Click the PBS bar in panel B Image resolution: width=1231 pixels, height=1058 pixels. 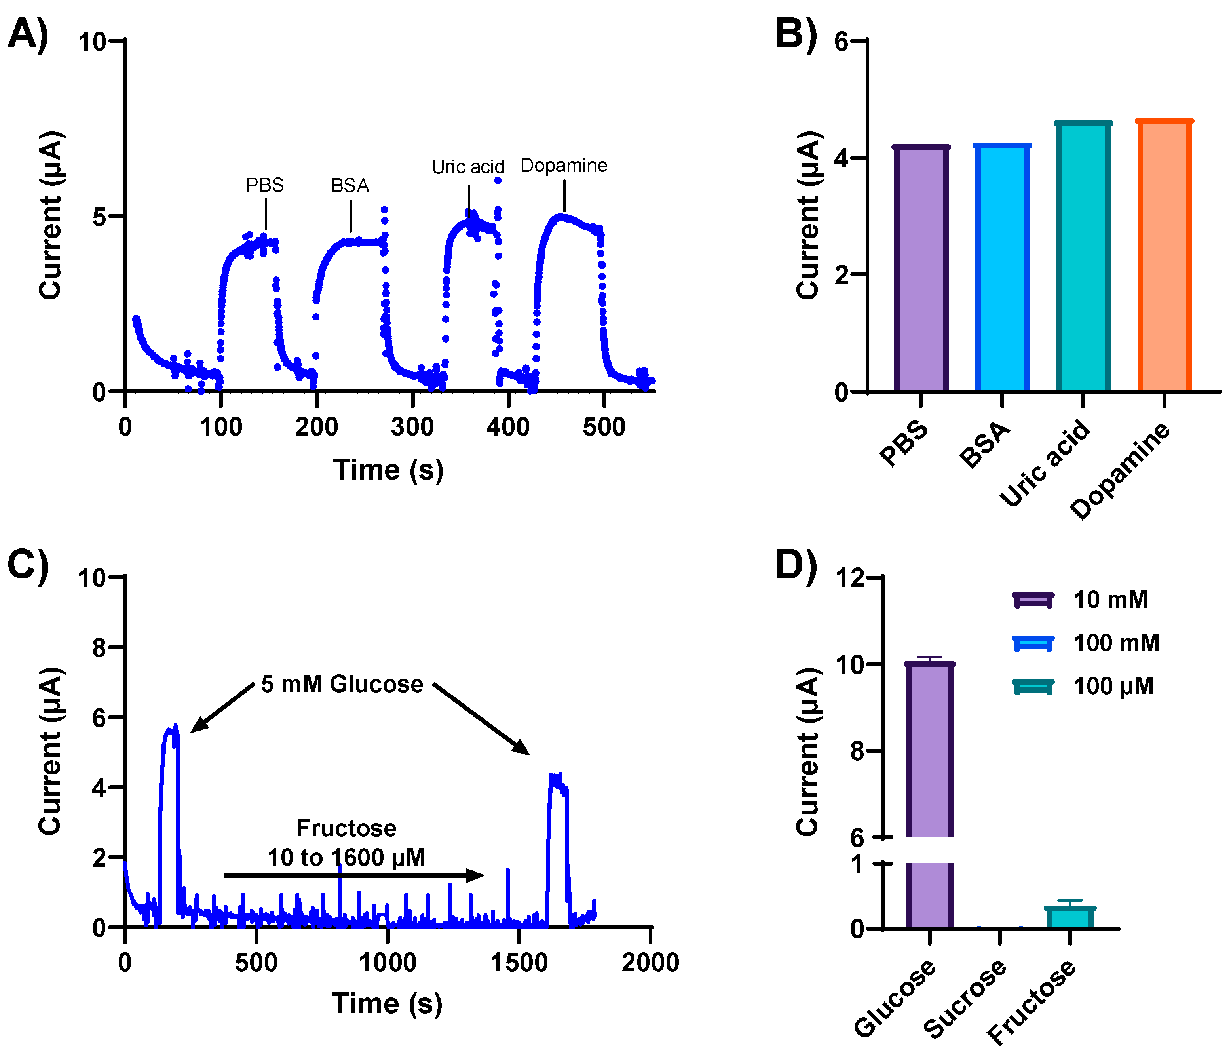pos(920,269)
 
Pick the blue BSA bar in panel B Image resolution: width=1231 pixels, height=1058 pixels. pos(1002,268)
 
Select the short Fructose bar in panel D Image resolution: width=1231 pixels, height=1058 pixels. pos(1070,918)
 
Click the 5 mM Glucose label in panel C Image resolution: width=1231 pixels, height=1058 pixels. pos(342,684)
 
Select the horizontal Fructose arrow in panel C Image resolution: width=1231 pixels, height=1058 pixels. pos(353,875)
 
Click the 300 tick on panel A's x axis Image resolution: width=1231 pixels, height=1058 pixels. pos(412,427)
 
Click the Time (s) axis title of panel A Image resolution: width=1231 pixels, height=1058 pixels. pos(388,470)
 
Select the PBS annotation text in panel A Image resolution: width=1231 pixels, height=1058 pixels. pos(265,185)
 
